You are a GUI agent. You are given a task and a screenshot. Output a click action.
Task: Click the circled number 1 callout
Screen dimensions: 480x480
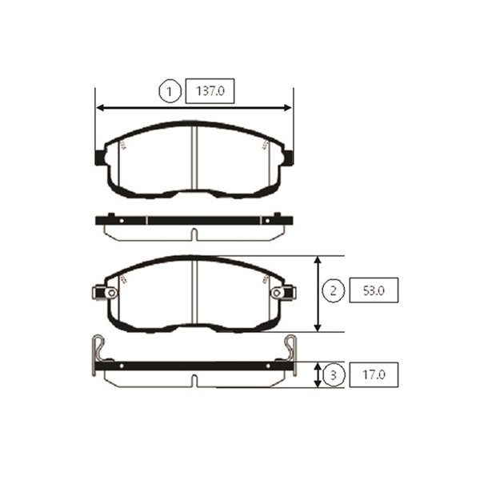click(170, 91)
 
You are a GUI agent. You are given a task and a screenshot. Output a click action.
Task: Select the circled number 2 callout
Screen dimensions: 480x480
click(334, 290)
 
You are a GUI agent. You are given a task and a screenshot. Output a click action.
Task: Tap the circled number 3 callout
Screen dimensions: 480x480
click(334, 374)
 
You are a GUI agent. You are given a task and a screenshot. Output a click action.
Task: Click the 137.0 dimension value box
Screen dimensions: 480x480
click(210, 91)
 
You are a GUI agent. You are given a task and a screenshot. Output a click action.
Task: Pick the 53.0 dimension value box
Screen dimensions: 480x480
click(374, 290)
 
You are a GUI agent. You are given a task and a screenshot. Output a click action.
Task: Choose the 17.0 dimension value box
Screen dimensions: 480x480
click(374, 374)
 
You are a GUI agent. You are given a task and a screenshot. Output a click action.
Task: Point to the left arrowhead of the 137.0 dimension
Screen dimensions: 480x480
click(101, 108)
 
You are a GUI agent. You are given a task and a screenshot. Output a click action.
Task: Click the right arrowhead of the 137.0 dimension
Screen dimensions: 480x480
click(288, 108)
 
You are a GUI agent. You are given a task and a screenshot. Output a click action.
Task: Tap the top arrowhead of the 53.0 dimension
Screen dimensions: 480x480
click(318, 261)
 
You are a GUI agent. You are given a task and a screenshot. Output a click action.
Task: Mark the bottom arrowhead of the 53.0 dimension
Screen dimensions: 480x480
click(318, 327)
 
